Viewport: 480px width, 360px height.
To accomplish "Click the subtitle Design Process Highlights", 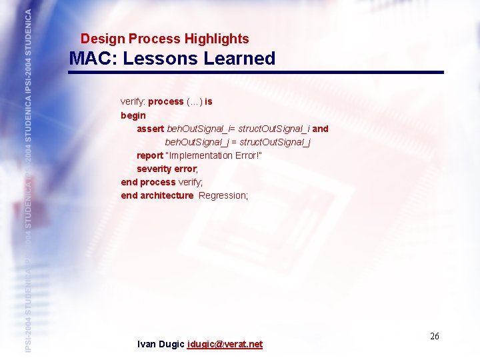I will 165,39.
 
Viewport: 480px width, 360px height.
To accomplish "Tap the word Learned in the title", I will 239,59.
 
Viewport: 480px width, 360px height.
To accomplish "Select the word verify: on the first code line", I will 133,102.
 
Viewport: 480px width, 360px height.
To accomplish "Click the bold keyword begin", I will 132,115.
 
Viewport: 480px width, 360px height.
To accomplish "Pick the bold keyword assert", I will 150,129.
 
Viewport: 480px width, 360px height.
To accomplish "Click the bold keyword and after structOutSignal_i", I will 320,129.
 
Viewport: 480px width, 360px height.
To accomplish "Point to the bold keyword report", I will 150,155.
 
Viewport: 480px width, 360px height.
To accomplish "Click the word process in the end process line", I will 157,182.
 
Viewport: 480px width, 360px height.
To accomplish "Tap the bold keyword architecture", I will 167,195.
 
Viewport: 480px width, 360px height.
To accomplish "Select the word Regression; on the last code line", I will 223,195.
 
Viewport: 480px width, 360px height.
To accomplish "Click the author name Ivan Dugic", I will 161,345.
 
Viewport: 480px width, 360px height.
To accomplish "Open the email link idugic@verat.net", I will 225,345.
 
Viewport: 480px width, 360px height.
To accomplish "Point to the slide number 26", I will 434,337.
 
